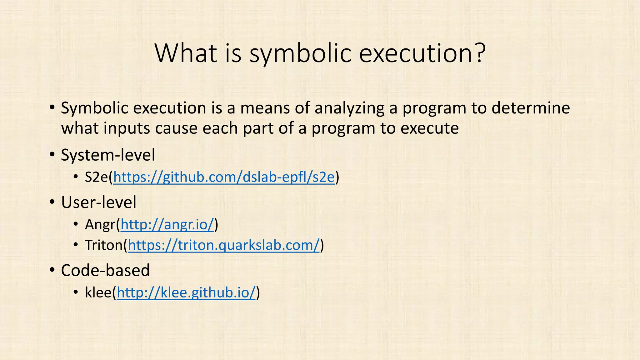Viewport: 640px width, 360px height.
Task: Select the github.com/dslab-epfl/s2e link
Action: coord(224,177)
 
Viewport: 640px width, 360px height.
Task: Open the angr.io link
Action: coord(167,224)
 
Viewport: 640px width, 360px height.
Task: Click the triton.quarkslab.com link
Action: coord(224,245)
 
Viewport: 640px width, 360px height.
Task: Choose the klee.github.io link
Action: coord(186,293)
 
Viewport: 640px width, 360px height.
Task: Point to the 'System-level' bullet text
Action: coord(108,155)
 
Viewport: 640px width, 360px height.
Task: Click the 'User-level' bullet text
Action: coord(99,202)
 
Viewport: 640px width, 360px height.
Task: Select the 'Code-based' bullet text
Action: coord(105,270)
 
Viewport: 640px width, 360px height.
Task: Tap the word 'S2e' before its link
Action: coord(96,177)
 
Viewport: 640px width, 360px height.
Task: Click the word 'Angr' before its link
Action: coord(100,225)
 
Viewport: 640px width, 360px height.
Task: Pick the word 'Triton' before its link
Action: coord(104,245)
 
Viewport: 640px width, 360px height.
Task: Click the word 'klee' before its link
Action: coord(98,293)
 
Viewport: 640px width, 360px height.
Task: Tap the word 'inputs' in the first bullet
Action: coord(127,128)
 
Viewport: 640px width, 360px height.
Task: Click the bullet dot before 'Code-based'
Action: coord(52,270)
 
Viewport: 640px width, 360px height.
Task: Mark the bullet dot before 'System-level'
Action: coord(52,155)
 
